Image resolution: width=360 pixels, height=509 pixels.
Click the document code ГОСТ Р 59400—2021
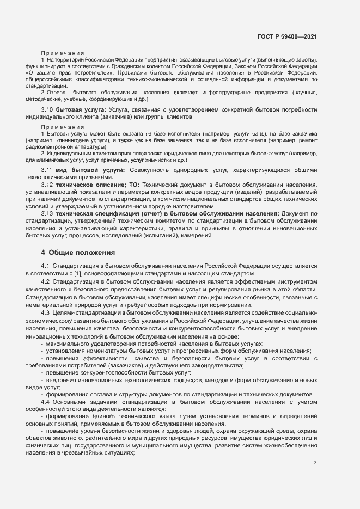point(287,37)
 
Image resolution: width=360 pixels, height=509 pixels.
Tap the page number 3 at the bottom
point(315,463)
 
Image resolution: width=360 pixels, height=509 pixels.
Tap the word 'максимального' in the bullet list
point(69,344)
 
